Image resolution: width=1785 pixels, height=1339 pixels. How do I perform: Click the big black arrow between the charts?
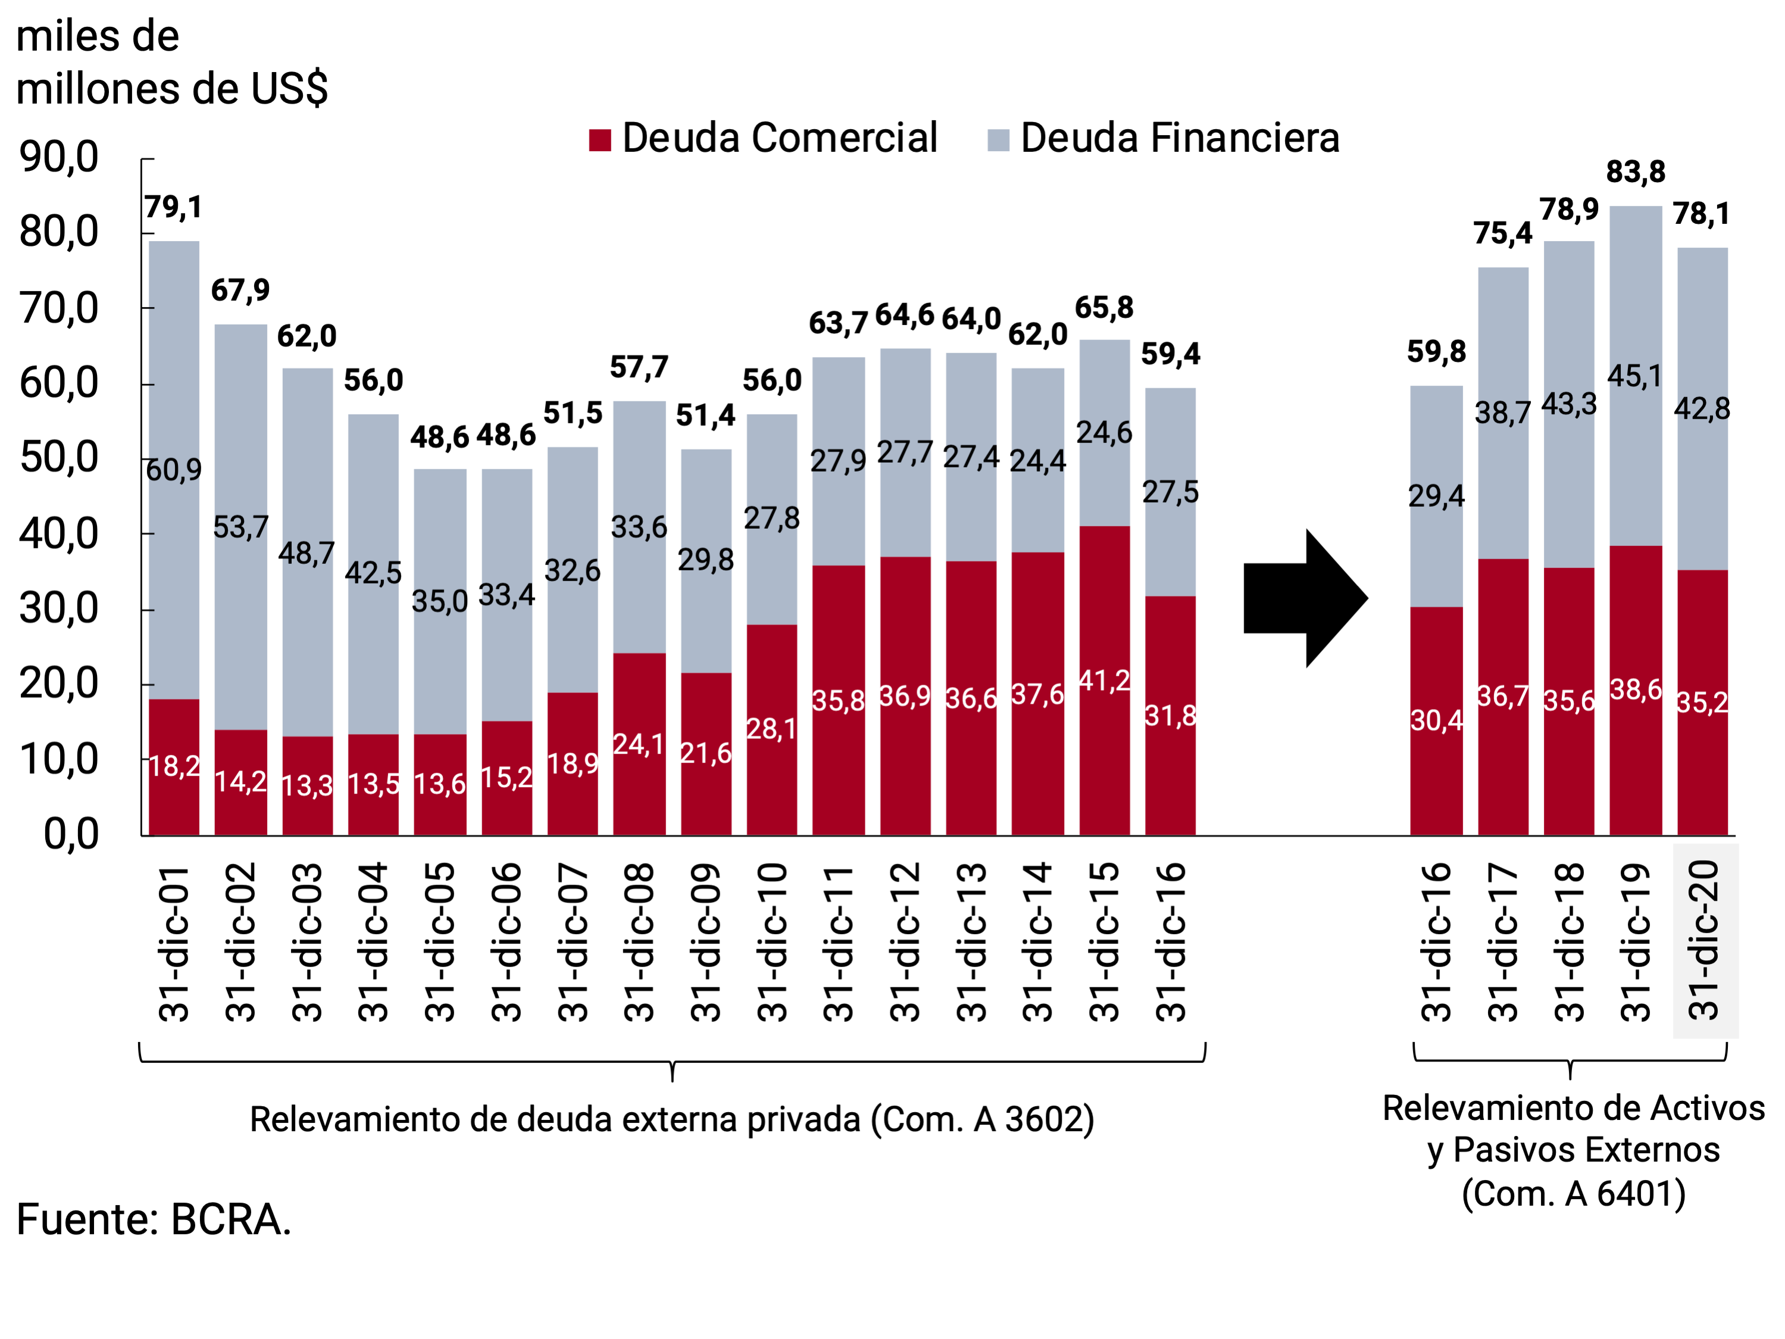[1303, 598]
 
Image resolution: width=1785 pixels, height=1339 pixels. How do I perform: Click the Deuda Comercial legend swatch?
[599, 140]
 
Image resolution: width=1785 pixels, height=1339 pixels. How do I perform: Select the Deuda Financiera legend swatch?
[998, 140]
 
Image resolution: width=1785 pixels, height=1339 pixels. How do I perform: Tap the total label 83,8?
[1635, 172]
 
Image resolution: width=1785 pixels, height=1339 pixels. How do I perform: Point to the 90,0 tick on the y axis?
[59, 157]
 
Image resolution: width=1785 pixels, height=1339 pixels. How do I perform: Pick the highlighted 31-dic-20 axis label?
[1704, 940]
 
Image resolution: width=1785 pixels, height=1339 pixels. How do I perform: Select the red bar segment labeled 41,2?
[1104, 681]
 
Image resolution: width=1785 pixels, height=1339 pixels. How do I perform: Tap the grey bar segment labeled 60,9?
[174, 470]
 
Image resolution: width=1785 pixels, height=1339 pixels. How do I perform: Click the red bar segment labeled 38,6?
[1635, 690]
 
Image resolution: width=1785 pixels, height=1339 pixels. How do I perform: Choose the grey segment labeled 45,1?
[1635, 376]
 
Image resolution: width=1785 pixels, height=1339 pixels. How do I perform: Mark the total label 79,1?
[173, 207]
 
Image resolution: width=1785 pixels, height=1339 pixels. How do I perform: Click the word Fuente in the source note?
[85, 1219]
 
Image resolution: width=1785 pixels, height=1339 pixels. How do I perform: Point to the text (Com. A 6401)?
[1574, 1194]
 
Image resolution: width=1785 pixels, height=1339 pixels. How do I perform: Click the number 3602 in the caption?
[1041, 1119]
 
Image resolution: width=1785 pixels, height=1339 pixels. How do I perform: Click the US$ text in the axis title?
[289, 89]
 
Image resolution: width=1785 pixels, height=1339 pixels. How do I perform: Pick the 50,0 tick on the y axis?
[59, 458]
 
